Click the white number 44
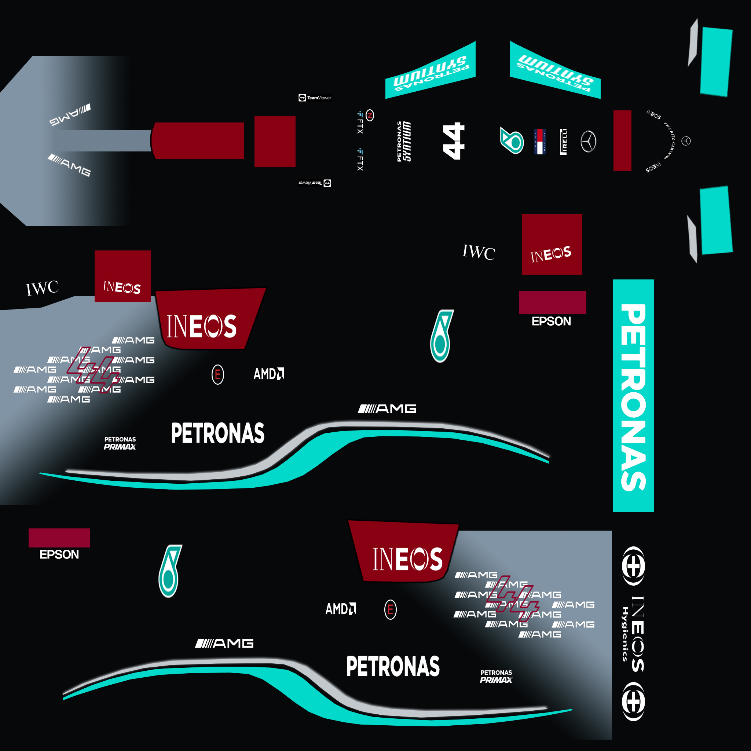tap(454, 141)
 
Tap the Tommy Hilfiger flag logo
tap(539, 142)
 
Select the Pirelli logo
tap(563, 142)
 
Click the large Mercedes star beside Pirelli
tap(588, 142)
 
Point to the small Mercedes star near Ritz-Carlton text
tap(686, 141)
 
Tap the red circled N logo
tap(370, 115)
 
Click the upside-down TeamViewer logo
tap(315, 183)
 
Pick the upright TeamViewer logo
tap(315, 98)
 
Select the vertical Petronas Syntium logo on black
tap(404, 141)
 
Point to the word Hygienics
tap(624, 634)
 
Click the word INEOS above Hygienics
tap(637, 634)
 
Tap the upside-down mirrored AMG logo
tap(70, 115)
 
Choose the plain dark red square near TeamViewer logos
tap(275, 141)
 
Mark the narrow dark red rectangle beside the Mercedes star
tap(622, 140)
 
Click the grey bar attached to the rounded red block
tap(102, 141)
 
